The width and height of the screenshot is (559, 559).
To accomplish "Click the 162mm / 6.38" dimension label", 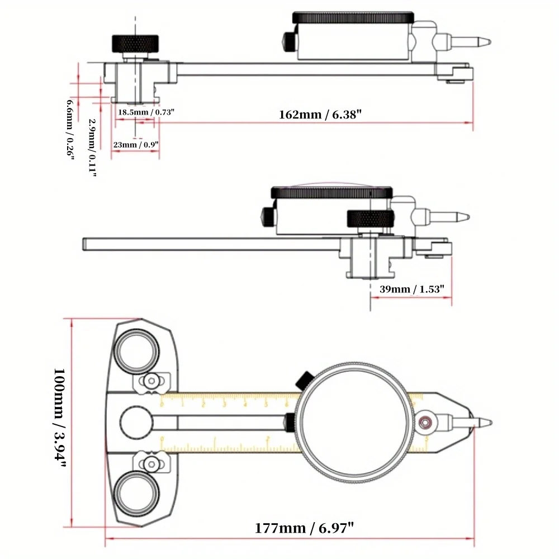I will (321, 115).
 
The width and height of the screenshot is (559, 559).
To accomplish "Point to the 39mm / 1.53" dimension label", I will (413, 289).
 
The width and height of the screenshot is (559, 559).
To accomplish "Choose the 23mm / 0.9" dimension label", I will (136, 144).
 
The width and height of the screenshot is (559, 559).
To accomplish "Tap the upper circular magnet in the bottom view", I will (137, 351).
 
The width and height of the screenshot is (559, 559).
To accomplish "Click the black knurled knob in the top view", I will (136, 42).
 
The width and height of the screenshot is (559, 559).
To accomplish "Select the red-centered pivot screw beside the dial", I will (427, 423).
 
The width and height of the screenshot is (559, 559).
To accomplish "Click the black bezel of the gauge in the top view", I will (353, 17).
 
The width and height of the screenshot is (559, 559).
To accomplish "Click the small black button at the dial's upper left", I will (305, 379).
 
